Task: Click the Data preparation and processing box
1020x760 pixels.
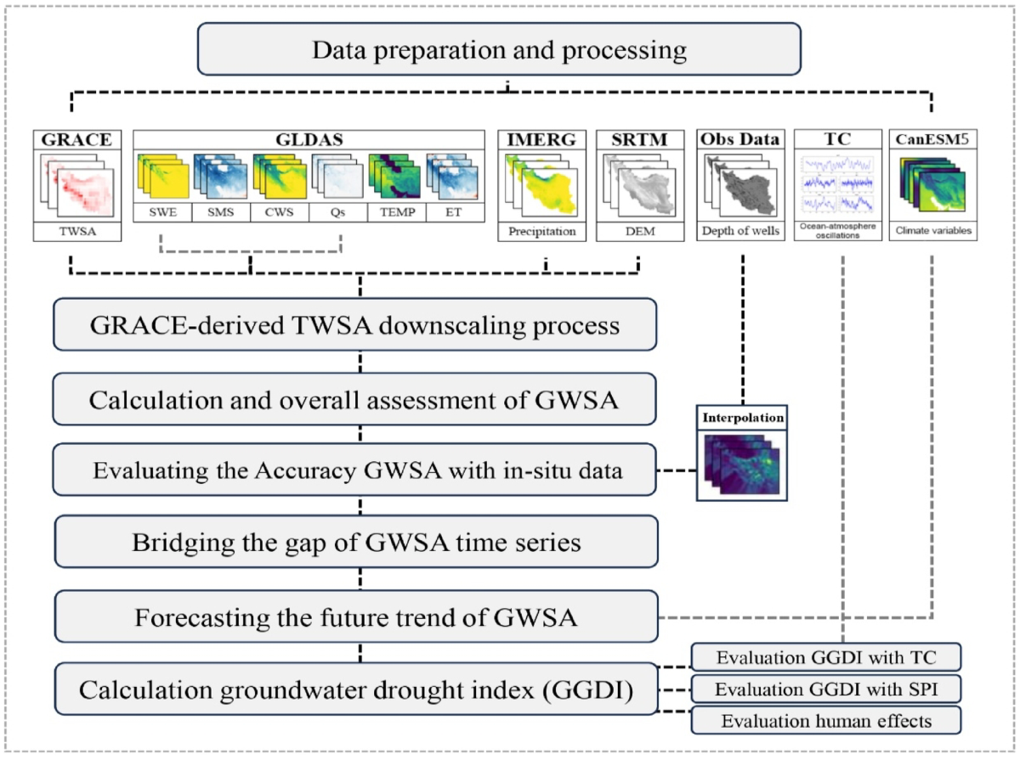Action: coord(499,49)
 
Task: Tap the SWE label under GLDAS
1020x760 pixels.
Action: coord(163,211)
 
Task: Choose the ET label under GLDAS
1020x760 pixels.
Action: coord(452,211)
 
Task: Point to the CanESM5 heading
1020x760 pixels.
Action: coord(932,139)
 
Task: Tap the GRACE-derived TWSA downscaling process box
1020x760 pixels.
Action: coord(354,325)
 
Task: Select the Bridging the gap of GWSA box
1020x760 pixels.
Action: coord(356,542)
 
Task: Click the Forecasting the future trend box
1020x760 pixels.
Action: coord(356,617)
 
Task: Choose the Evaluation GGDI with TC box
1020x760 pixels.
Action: coord(825,657)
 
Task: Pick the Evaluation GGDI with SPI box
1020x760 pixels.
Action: coord(825,689)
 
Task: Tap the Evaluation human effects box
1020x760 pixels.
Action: coord(825,721)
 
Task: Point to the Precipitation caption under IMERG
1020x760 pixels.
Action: coord(541,231)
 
